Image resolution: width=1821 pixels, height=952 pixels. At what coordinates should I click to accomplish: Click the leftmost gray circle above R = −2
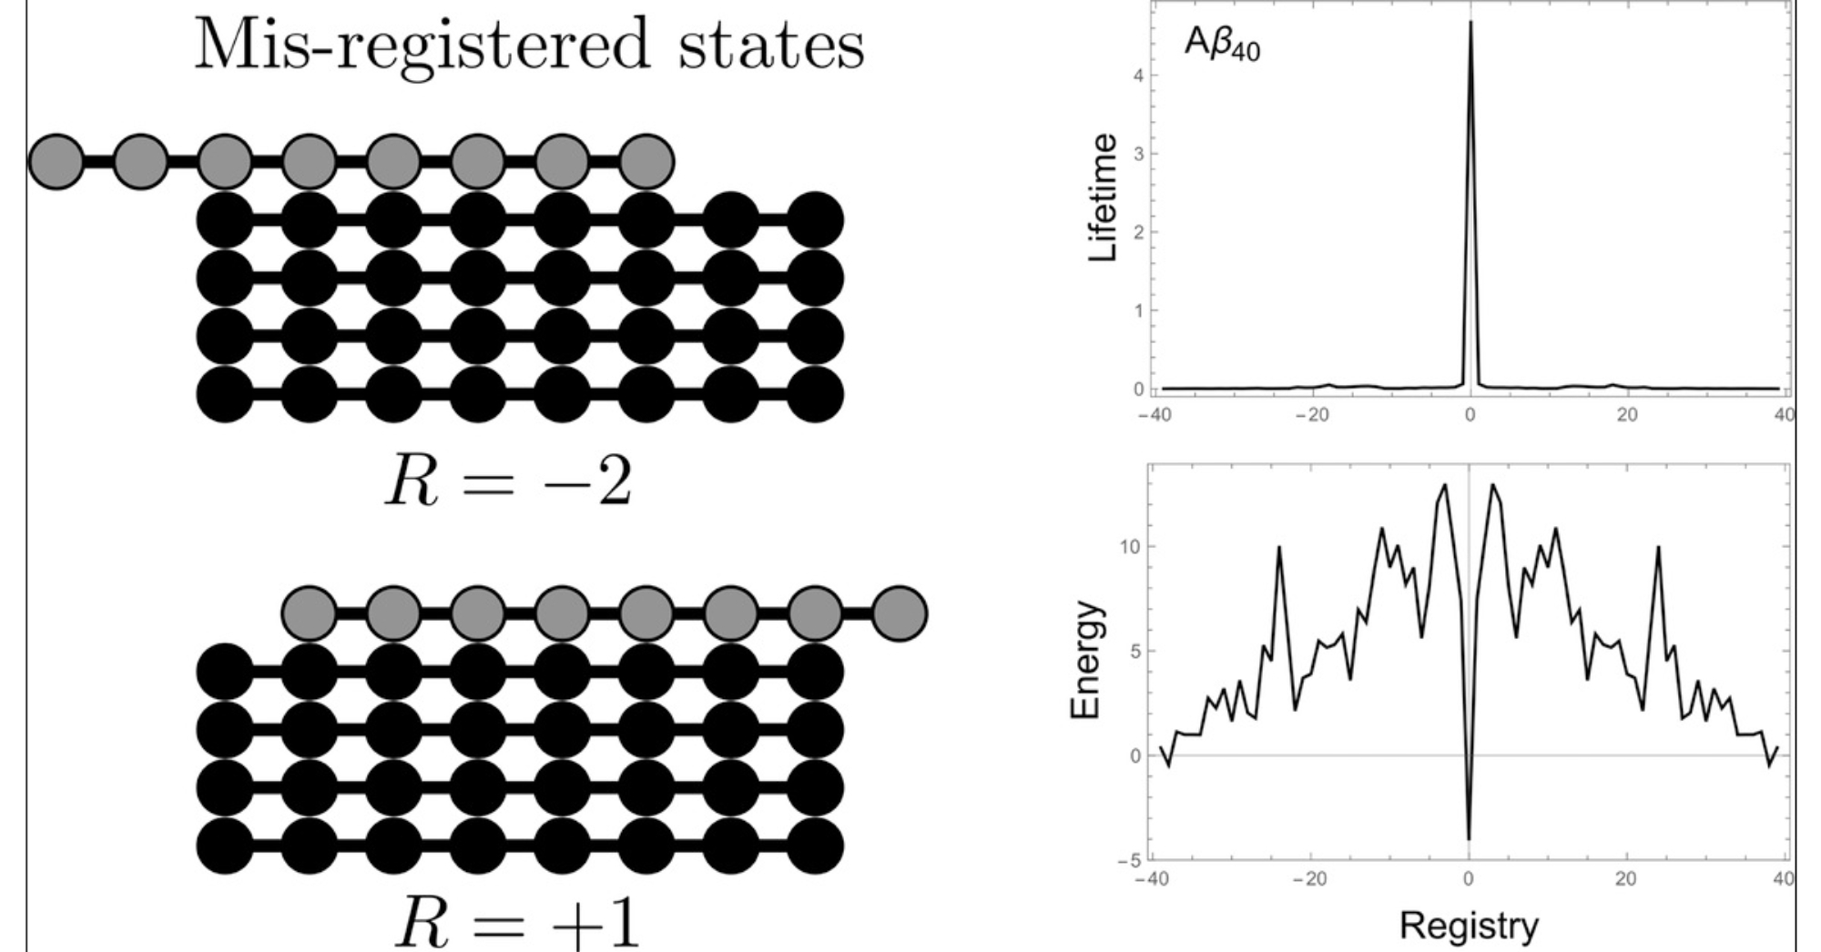pos(56,162)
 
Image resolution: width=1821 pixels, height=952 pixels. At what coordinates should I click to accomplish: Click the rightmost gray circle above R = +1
pos(899,613)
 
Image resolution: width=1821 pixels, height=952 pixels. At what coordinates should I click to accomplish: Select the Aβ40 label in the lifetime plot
pos(1222,44)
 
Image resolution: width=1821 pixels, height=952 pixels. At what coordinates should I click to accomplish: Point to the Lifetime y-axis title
pos(1103,197)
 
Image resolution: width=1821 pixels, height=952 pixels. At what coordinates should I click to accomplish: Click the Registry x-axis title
pos(1469,926)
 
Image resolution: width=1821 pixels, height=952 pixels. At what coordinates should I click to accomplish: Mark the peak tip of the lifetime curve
pos(1470,22)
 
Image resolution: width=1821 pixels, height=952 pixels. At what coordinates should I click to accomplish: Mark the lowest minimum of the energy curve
pos(1469,838)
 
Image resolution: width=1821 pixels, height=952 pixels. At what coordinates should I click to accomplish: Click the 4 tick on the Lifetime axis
pos(1138,76)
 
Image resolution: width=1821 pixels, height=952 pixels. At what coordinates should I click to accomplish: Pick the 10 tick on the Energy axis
pos(1130,546)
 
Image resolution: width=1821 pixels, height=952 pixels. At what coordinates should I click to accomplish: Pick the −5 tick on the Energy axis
pos(1128,860)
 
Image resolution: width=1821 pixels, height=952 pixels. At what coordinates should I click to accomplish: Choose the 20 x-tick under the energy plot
pos(1625,879)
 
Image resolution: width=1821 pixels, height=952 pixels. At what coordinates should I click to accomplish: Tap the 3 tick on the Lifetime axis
pos(1138,154)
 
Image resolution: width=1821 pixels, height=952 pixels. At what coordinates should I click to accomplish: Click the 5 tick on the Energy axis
pos(1134,651)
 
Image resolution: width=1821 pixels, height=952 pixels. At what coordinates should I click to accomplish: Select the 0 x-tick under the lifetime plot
pos(1470,416)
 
